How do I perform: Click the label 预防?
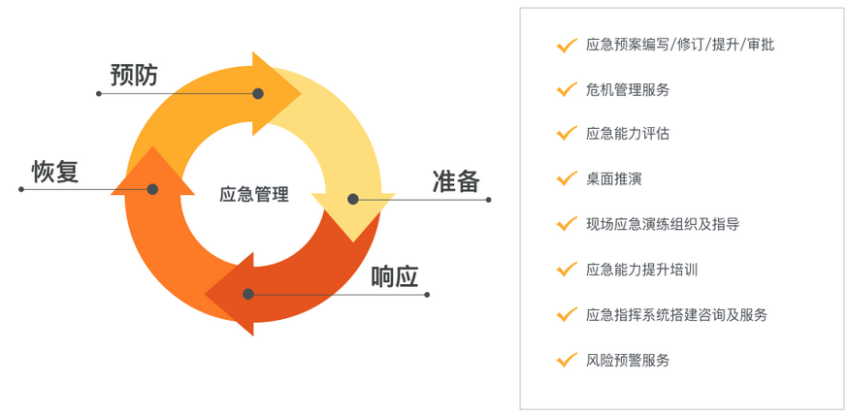coord(134,75)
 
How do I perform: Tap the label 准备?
coord(456,181)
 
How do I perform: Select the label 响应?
coord(395,276)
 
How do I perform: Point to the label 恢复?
coord(55,172)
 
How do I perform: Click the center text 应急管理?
coord(254,194)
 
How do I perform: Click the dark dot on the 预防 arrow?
coord(258,94)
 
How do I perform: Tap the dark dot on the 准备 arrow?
coord(353,199)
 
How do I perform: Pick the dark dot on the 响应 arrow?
coord(248,294)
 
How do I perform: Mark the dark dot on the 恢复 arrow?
coord(152,189)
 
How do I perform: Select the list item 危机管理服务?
coord(628,89)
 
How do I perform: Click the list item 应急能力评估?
coord(628,134)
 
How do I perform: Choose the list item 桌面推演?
coord(613,179)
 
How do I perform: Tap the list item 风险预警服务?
coord(628,360)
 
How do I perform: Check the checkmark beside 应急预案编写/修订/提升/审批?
coord(566,45)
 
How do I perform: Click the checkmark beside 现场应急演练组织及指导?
coord(566,224)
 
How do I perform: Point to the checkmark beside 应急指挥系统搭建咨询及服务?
coord(566,314)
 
